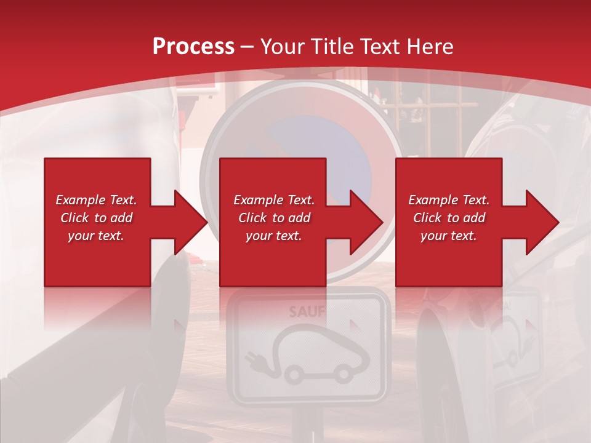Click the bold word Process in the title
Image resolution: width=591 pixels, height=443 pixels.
click(x=193, y=46)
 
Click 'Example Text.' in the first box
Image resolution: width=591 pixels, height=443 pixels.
click(x=97, y=200)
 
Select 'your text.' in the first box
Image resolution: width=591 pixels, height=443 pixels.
click(x=97, y=236)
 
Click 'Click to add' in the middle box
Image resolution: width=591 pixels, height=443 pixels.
click(x=274, y=218)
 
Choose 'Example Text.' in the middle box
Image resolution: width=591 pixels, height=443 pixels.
click(x=274, y=200)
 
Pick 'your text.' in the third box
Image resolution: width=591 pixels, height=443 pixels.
click(x=449, y=236)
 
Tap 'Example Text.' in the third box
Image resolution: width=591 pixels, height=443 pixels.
click(x=449, y=200)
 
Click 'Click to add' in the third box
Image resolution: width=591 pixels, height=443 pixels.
click(x=449, y=218)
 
